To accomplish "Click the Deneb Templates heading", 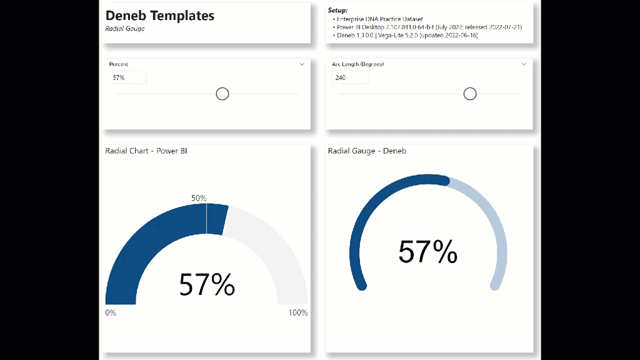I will coord(159,16).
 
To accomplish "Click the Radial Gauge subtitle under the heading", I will coord(125,29).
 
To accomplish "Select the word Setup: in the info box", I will coord(338,11).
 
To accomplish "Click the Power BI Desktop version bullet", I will coord(429,27).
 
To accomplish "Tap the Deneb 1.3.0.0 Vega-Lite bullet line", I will coord(407,36).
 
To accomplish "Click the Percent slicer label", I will coord(119,64).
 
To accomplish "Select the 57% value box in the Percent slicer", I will coord(127,77).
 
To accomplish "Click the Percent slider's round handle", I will coord(222,94).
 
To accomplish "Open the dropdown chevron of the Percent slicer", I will coord(302,64).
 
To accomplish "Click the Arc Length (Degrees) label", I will coord(357,64).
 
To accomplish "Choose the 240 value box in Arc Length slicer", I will coord(350,77).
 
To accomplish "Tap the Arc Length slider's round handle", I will coord(470,94).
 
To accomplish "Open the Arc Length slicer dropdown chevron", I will coord(524,64).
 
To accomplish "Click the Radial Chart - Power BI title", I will coord(146,151).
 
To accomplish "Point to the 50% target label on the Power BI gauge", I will coord(199,198).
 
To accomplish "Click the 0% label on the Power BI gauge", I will coord(111,312).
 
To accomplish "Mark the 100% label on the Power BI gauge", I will coord(297,312).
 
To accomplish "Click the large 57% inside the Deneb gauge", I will coord(428,252).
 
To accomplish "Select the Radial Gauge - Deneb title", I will coord(367,151).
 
